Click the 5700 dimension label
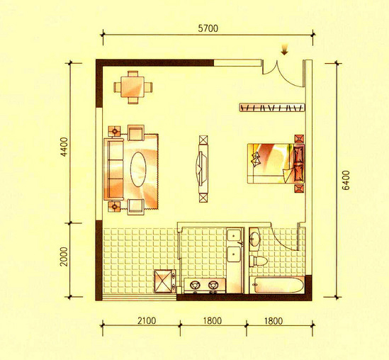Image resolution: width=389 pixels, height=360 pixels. [208, 28]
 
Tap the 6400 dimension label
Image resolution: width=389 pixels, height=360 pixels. [346, 180]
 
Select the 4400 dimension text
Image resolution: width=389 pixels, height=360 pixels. [64, 147]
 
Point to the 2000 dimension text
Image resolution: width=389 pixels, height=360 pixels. [64, 257]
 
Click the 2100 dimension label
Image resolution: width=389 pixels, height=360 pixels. [147, 320]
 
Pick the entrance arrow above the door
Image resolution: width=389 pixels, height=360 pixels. [284, 50]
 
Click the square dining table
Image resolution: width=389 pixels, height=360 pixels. [133, 87]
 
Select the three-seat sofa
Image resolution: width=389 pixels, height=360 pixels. [114, 169]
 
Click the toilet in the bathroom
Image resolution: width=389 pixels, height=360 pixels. [258, 261]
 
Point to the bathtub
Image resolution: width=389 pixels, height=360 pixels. [277, 285]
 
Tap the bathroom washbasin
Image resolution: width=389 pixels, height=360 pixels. [255, 238]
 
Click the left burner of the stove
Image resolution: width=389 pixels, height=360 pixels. [195, 285]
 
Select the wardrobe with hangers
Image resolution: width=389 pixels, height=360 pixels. [272, 108]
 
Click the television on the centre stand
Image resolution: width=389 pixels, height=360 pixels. [201, 169]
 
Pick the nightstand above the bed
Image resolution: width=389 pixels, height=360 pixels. [299, 139]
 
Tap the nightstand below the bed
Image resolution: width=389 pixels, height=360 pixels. [299, 189]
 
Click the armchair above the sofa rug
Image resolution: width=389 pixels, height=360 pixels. [136, 133]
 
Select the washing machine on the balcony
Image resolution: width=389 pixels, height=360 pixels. [164, 281]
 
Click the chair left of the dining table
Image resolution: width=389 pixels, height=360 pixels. [118, 87]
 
